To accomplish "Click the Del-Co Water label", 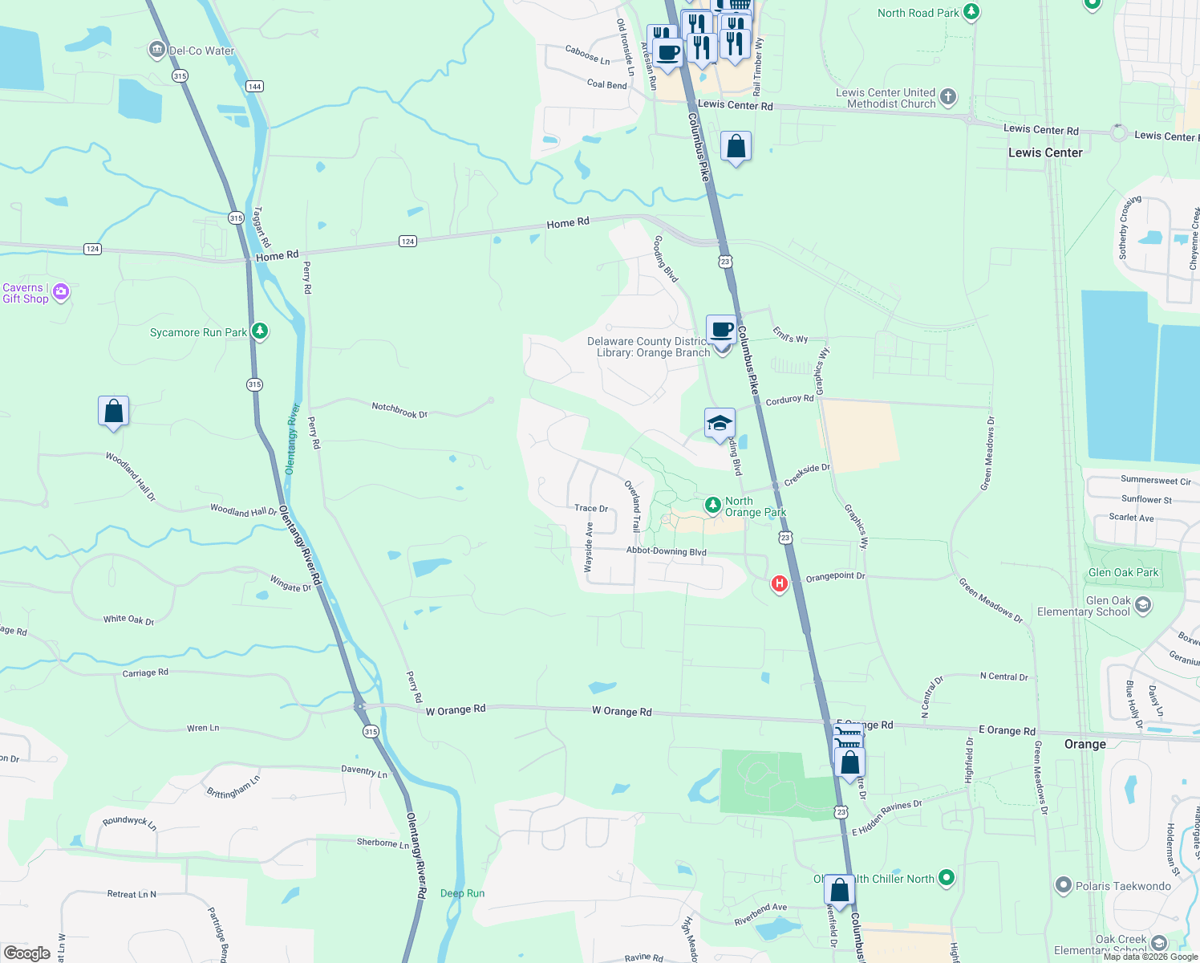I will click(201, 51).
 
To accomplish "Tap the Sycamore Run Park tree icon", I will click(259, 331).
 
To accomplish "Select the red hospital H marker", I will click(779, 583).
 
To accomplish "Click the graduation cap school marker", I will click(720, 423).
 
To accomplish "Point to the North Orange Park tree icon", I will click(712, 505).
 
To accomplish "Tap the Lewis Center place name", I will click(1045, 152).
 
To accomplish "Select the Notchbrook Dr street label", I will click(399, 411).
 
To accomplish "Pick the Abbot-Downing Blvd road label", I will click(666, 551).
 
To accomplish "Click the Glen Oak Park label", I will click(1123, 572).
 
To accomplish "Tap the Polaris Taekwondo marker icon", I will click(1064, 885).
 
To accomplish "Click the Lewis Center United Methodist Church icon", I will click(948, 97).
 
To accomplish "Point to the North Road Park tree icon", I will click(971, 12).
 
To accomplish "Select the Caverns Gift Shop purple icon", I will click(61, 292).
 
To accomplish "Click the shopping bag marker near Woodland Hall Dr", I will click(113, 411).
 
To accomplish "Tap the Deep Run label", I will click(462, 893).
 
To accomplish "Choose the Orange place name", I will click(1084, 744).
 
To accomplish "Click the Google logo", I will click(27, 953).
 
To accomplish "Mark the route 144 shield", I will click(254, 86).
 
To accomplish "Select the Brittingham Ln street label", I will click(233, 787).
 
